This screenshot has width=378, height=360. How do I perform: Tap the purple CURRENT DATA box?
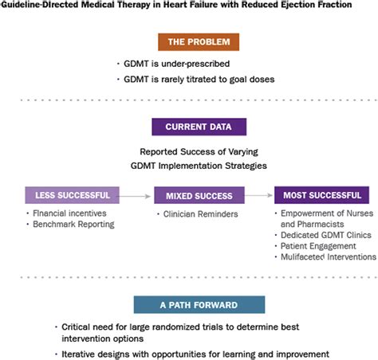[x=188, y=127]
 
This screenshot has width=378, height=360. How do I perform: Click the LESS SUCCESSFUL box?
[x=73, y=195]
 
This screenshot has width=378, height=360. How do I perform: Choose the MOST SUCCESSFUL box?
[x=321, y=195]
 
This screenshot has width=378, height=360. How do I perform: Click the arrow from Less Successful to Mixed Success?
[x=136, y=195]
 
